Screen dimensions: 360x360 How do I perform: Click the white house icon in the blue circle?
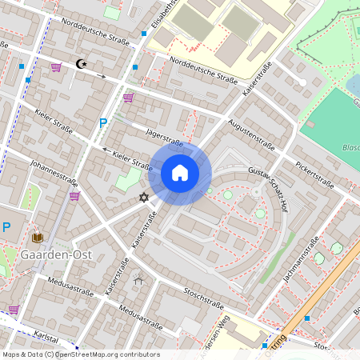180,173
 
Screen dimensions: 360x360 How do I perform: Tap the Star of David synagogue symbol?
144,197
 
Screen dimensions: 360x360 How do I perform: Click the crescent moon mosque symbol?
79,63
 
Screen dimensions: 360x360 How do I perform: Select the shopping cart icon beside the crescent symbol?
56,67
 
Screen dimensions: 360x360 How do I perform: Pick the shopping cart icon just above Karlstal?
14,309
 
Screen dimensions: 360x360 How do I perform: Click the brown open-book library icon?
37,238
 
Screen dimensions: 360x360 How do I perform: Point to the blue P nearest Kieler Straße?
102,123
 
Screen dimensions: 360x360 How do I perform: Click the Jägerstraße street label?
164,138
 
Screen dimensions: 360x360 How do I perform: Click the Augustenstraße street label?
251,135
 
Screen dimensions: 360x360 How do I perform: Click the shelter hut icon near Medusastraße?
139,280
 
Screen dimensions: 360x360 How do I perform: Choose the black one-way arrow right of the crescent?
100,75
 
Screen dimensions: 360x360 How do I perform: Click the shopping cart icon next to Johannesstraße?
74,195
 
